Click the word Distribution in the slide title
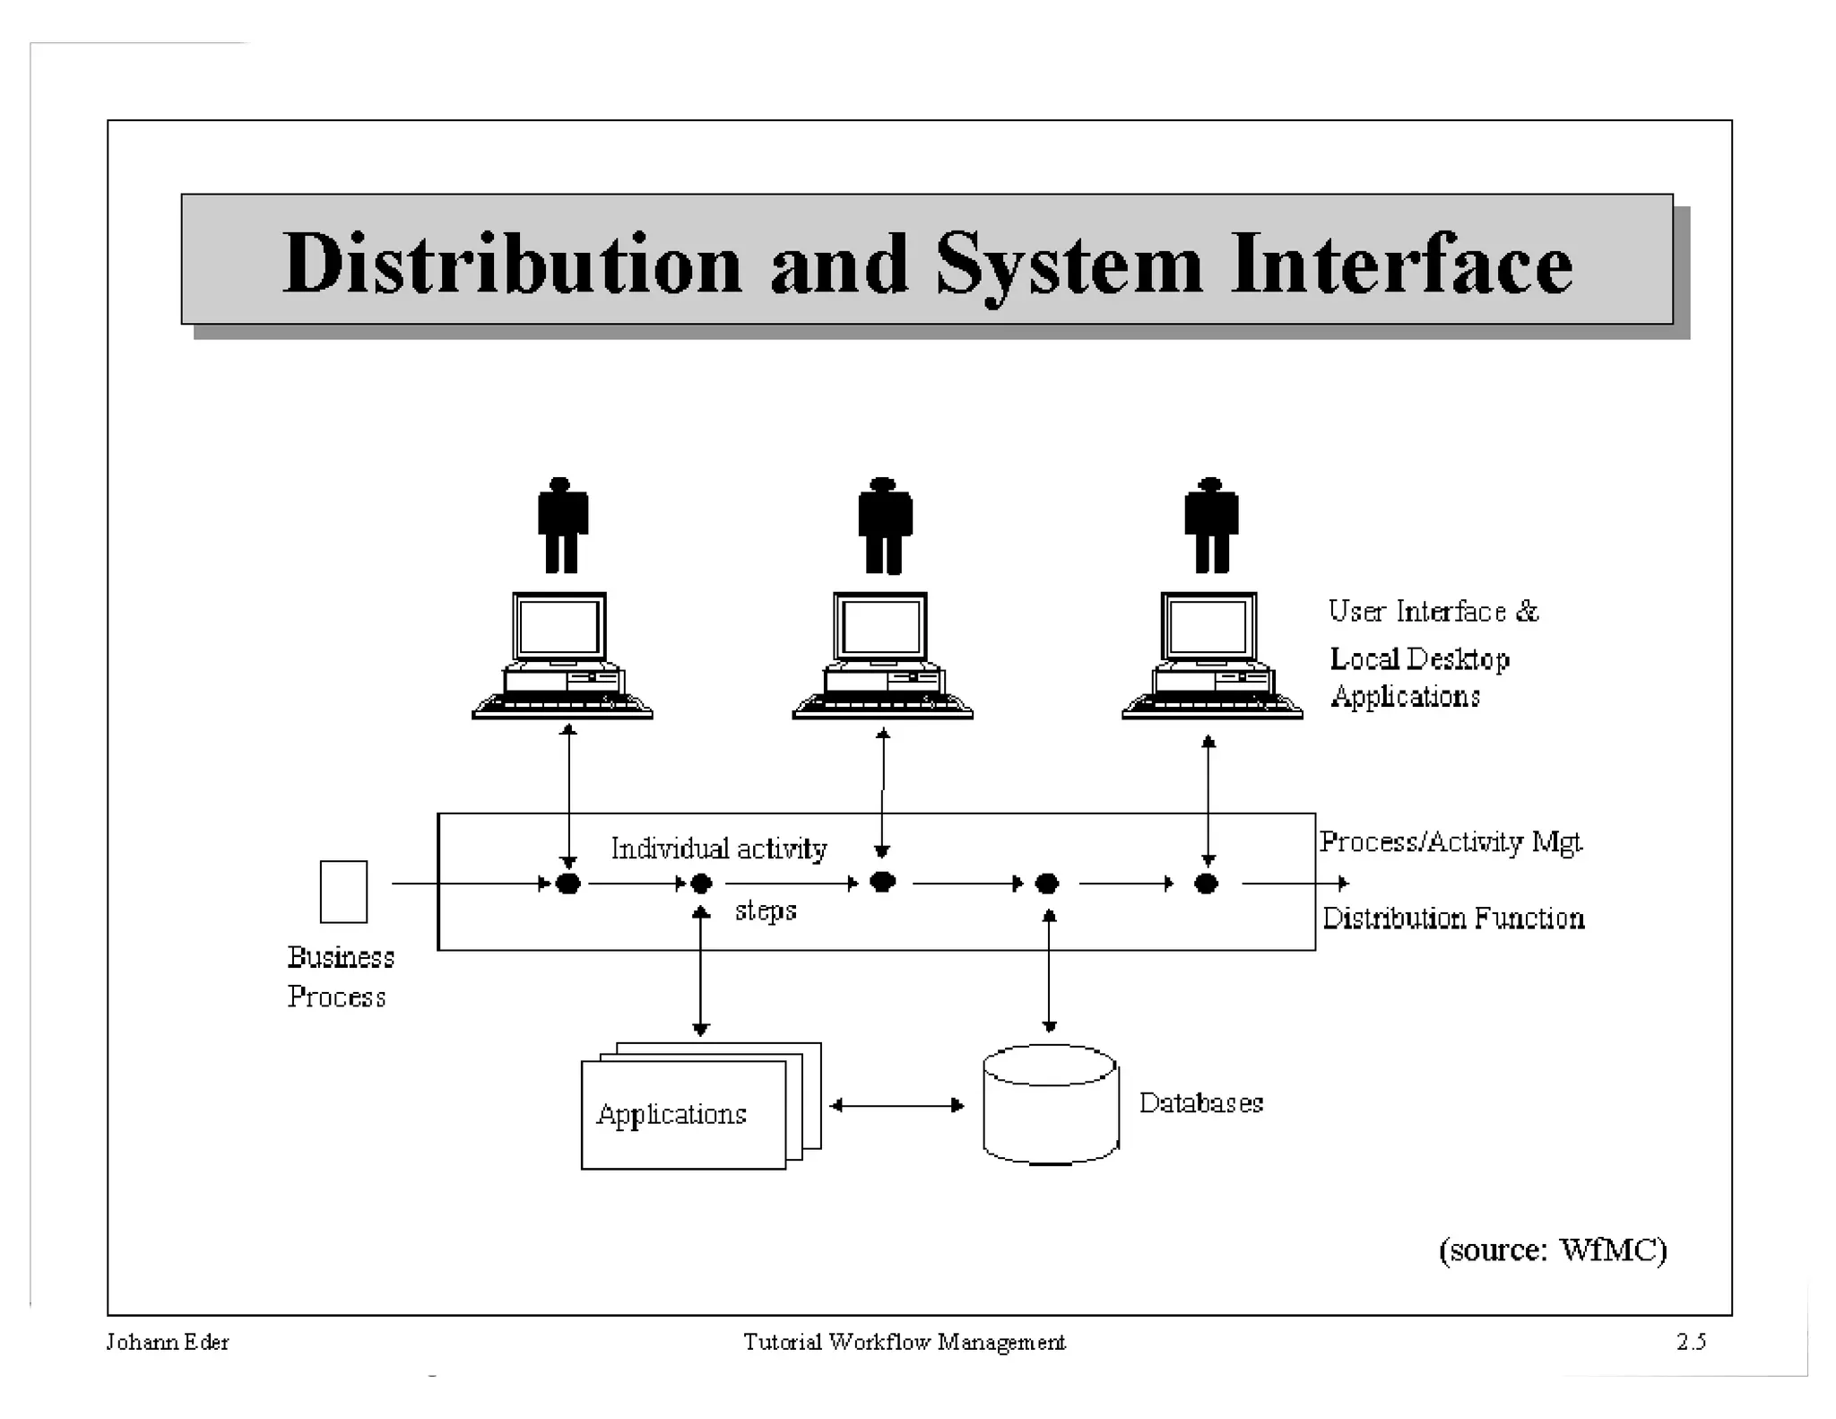pyautogui.click(x=512, y=264)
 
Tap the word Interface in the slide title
pyautogui.click(x=1401, y=264)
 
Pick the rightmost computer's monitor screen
pyautogui.click(x=1208, y=626)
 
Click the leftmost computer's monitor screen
pyautogui.click(x=559, y=626)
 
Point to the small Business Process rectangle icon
pyautogui.click(x=343, y=892)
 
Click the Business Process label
pyautogui.click(x=340, y=977)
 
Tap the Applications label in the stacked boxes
pyautogui.click(x=671, y=1114)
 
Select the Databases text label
pyautogui.click(x=1200, y=1102)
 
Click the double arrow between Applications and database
pyautogui.click(x=896, y=1105)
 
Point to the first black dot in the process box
pyautogui.click(x=567, y=884)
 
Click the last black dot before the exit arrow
pyautogui.click(x=1206, y=884)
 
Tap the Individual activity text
pyautogui.click(x=718, y=849)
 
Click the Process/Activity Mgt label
pyautogui.click(x=1450, y=841)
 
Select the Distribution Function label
pyautogui.click(x=1452, y=918)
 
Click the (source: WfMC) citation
pyautogui.click(x=1552, y=1249)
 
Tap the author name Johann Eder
pyautogui.click(x=168, y=1342)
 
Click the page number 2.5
pyautogui.click(x=1691, y=1342)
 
